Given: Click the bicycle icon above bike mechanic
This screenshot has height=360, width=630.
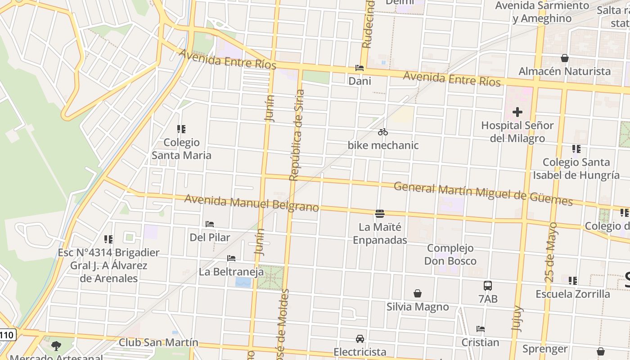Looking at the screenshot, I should click(383, 132).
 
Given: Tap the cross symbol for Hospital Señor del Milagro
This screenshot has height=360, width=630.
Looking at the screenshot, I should click(517, 112).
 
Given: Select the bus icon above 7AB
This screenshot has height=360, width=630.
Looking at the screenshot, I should click(488, 285).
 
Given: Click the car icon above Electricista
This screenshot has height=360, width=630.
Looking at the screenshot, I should click(360, 338).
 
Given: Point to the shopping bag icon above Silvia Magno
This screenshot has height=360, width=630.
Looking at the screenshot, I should click(418, 293).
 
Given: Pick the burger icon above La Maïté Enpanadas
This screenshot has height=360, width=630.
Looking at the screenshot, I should click(380, 213).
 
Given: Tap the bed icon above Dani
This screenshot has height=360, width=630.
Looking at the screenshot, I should click(360, 68).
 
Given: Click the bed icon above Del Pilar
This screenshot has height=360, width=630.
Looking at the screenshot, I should click(210, 224).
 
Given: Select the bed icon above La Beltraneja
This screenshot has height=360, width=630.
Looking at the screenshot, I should click(231, 258).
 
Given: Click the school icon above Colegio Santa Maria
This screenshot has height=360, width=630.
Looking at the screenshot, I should click(181, 130).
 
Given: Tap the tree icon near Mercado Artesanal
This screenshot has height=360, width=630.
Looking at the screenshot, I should click(56, 346).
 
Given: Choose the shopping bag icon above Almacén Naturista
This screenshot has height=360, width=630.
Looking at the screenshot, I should click(565, 58).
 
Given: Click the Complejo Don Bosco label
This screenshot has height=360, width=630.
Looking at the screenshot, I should click(450, 254).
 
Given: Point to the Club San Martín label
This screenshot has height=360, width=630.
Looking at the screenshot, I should click(158, 342).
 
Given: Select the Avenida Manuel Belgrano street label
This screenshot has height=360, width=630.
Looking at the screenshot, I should click(252, 203).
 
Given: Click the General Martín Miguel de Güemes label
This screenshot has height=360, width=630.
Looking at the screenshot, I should click(483, 193).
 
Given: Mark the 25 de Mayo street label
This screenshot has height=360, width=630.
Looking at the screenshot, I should click(551, 252).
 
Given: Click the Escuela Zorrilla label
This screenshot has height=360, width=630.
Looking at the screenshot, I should click(573, 294).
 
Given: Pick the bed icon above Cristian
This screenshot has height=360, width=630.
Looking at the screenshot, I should click(481, 329).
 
